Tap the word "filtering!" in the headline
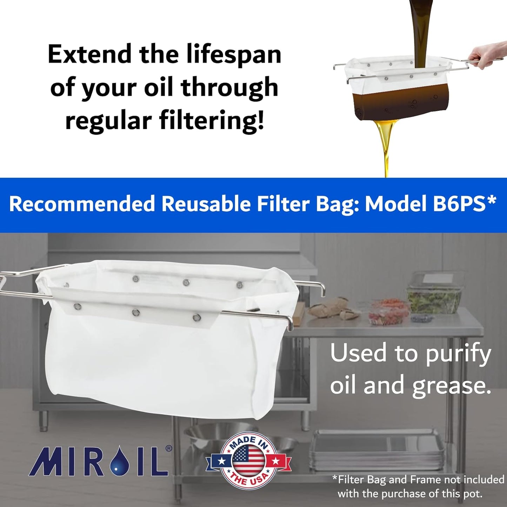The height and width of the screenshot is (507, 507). point(212,120)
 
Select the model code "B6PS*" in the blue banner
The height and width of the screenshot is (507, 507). point(465,204)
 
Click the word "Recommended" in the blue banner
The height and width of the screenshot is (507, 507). point(82,204)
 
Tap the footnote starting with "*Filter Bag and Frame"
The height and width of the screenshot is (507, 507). point(418,486)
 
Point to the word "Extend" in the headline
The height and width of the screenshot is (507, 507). point(90,55)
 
